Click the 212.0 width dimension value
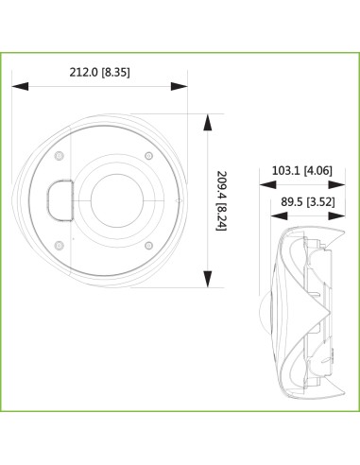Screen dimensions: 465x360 coord(85,71)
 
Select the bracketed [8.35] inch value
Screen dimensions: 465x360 coord(124,71)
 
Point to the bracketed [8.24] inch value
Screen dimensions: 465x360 coord(221,227)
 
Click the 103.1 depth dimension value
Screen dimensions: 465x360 coord(286,171)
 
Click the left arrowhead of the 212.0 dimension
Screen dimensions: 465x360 coord(18,86)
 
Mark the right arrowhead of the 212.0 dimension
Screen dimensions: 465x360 coord(182,86)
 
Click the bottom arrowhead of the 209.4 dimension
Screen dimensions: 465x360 coord(208,282)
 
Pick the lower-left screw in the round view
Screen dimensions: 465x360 coord(60,244)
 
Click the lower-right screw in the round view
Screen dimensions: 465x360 coord(147,244)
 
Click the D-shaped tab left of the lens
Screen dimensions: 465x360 coord(60,199)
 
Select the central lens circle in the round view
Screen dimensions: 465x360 coord(116,200)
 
